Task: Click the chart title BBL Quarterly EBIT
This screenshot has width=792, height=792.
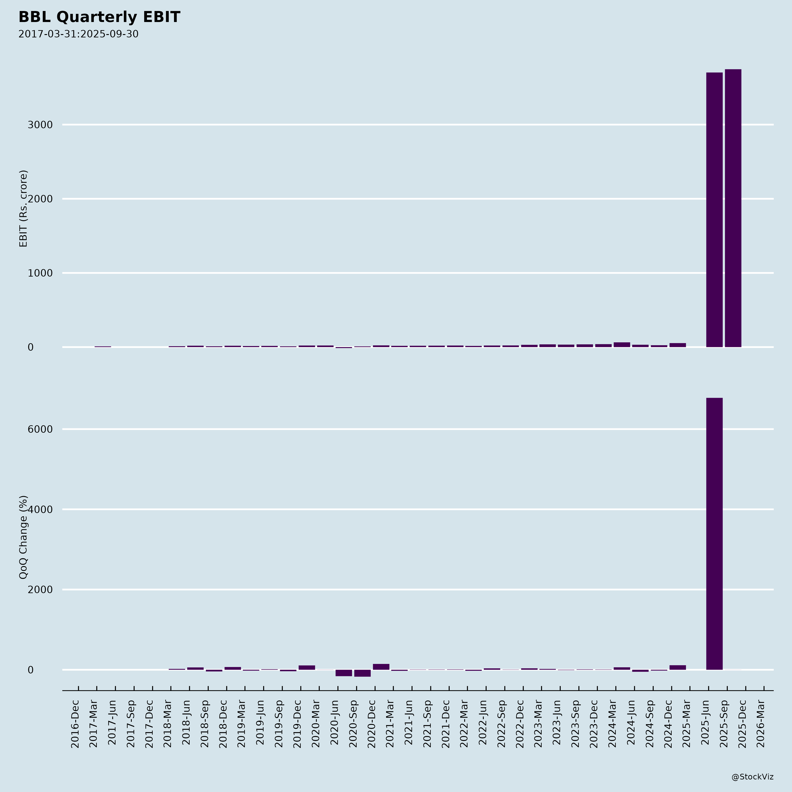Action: tap(99, 17)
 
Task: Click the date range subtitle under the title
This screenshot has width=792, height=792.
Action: tap(78, 34)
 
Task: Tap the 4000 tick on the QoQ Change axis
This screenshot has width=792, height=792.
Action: tap(40, 510)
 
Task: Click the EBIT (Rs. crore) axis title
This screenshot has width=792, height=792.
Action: tap(23, 208)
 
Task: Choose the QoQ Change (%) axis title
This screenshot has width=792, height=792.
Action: tap(23, 537)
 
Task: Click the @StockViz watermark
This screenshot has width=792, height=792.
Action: tap(752, 777)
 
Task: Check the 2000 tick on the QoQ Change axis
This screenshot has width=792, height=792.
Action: tap(40, 590)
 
